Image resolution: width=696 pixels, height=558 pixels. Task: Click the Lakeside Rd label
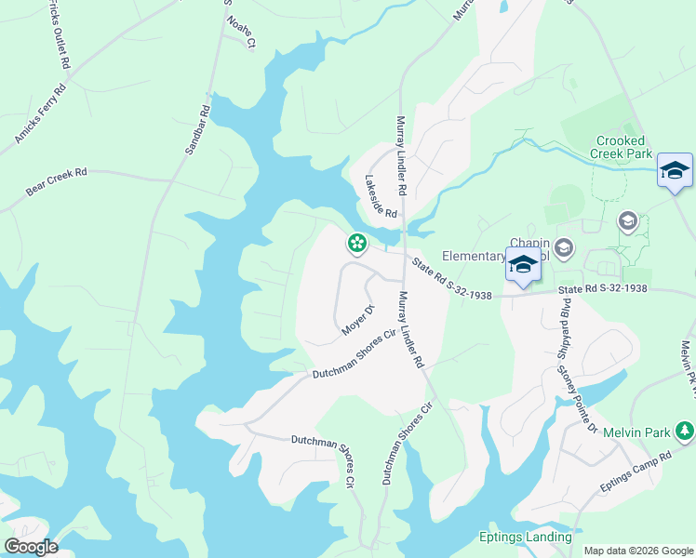tap(381, 197)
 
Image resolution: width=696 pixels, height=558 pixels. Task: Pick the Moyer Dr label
tap(357, 319)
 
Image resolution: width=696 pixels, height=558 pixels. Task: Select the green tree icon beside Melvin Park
tap(685, 431)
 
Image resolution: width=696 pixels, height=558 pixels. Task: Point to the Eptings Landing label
tap(526, 537)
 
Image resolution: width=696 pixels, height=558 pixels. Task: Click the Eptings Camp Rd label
tap(635, 472)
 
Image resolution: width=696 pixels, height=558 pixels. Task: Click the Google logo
tap(31, 546)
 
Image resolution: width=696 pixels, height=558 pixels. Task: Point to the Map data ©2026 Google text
tap(638, 551)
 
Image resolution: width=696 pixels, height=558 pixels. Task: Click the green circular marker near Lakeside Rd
tap(355, 244)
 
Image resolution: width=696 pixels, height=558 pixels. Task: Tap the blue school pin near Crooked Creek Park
tap(675, 170)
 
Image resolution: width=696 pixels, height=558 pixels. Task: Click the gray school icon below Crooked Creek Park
tap(627, 220)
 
